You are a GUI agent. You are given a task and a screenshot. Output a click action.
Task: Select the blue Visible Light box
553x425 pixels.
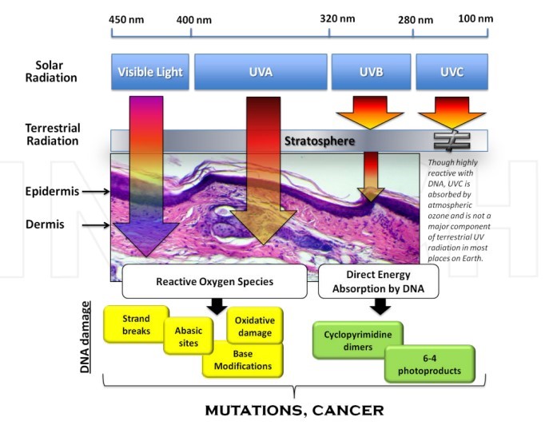pyautogui.click(x=150, y=72)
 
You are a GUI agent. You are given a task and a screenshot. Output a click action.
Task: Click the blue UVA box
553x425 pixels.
pyautogui.click(x=261, y=72)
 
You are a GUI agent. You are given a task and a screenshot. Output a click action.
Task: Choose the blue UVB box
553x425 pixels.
pyautogui.click(x=370, y=72)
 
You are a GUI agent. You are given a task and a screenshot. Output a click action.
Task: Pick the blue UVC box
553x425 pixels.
pyautogui.click(x=451, y=72)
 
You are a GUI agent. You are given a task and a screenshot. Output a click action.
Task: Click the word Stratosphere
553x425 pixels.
pyautogui.click(x=319, y=141)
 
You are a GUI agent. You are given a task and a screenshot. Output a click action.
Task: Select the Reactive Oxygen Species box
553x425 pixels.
pyautogui.click(x=214, y=281)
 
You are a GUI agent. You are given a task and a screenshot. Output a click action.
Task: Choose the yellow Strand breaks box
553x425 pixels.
pyautogui.click(x=136, y=324)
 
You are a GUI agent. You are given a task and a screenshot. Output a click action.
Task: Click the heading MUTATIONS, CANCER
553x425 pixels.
pyautogui.click(x=294, y=411)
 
